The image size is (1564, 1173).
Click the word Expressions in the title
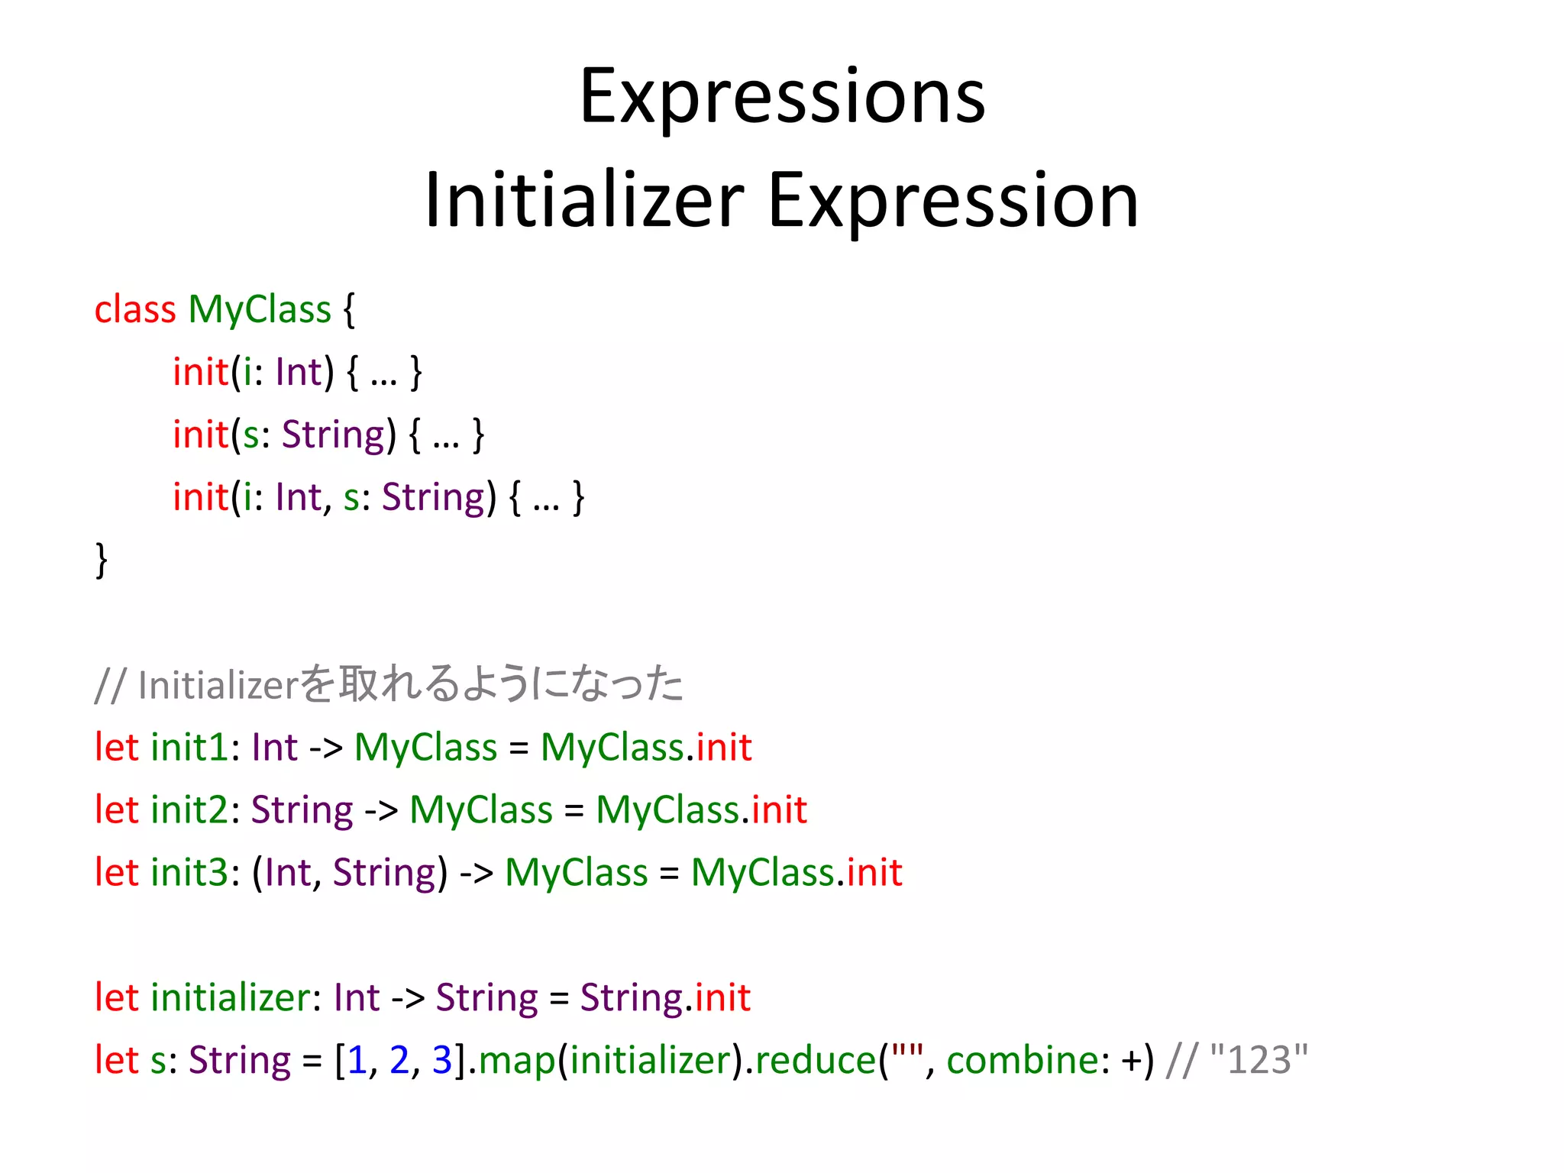tap(782, 98)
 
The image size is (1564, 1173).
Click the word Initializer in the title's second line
tap(584, 200)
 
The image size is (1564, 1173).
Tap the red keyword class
tap(135, 310)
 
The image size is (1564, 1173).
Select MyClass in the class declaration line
tap(260, 310)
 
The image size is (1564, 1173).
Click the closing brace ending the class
tap(101, 560)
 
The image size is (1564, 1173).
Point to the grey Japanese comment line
tap(389, 684)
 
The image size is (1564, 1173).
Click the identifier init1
tap(189, 747)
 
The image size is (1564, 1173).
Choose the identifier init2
tap(189, 809)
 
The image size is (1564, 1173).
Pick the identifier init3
tap(189, 872)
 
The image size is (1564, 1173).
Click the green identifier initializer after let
tap(231, 997)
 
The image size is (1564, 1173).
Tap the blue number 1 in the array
tap(357, 1060)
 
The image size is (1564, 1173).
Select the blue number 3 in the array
tap(442, 1060)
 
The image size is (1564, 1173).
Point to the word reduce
tap(815, 1060)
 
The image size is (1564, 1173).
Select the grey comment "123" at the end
tap(1259, 1060)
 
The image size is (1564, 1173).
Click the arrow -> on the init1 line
tap(326, 747)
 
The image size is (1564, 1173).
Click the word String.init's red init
tap(722, 997)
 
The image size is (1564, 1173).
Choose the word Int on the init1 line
tap(274, 747)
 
